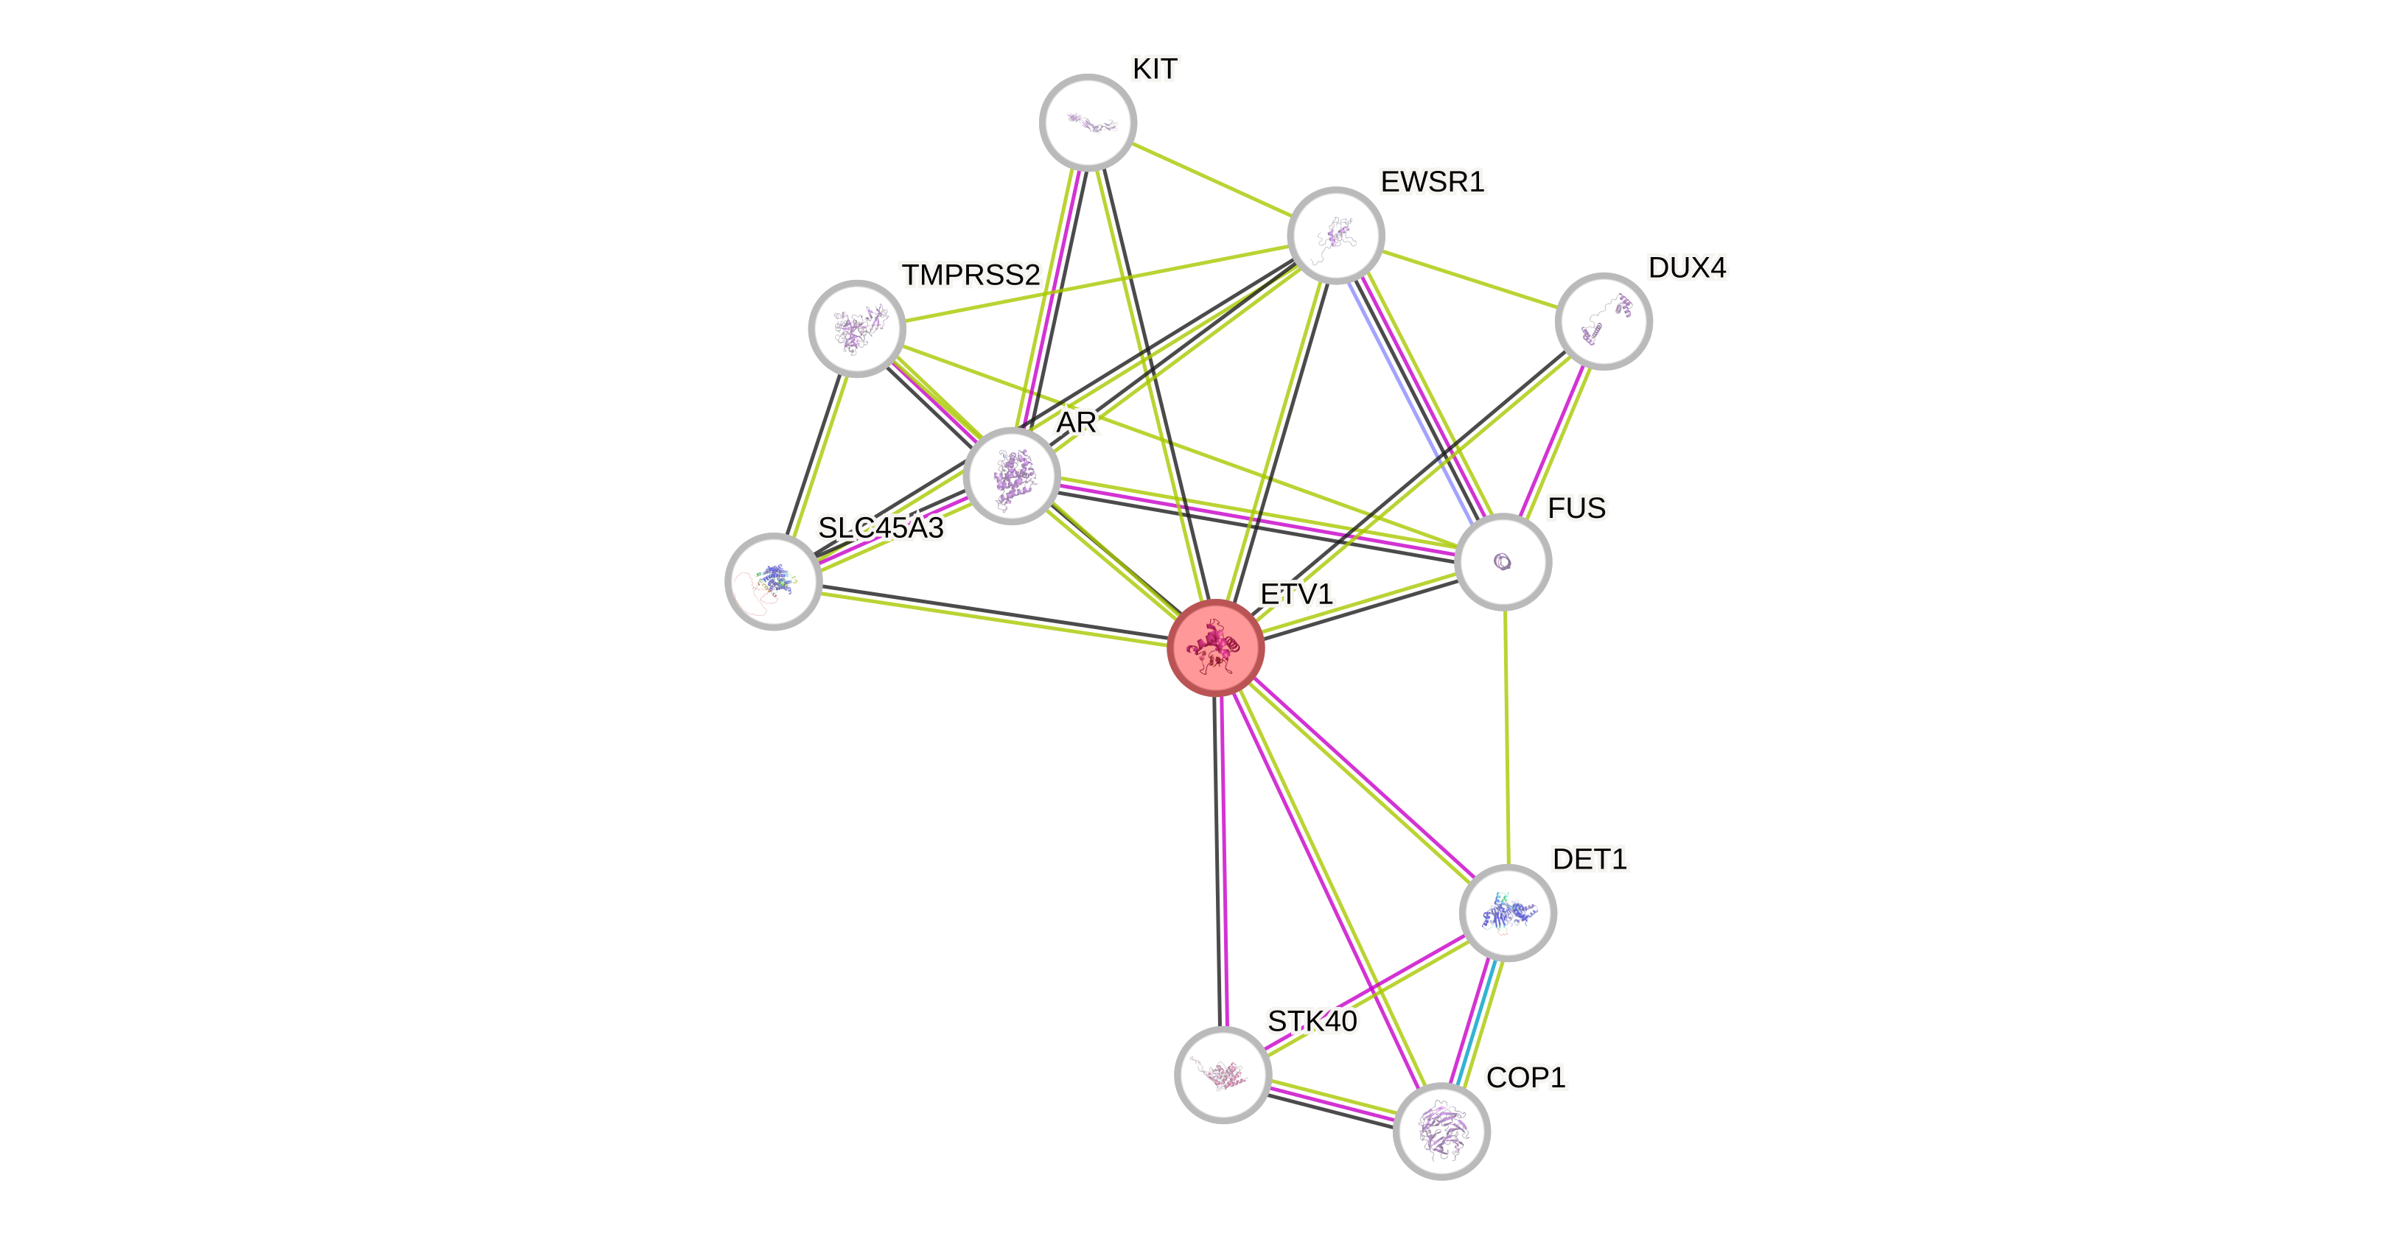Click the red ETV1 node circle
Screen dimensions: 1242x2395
pos(1216,648)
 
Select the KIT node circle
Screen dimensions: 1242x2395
pos(1088,122)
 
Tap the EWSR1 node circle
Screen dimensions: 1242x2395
pos(1336,235)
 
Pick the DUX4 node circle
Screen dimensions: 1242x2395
pos(1603,320)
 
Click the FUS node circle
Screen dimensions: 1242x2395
pos(1503,561)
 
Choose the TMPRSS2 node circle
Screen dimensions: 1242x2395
pos(857,328)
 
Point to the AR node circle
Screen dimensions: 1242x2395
pos(1012,476)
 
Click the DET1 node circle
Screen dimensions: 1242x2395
pos(1507,913)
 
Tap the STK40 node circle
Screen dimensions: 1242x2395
pos(1223,1075)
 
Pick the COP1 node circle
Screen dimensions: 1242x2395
pos(1441,1131)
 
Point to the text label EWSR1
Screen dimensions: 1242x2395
pos(1432,182)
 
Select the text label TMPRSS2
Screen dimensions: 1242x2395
pos(971,276)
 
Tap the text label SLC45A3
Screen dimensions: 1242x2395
pos(881,528)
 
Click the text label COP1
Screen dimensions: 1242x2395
pos(1525,1078)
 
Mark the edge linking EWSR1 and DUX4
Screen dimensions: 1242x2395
pos(1469,278)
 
